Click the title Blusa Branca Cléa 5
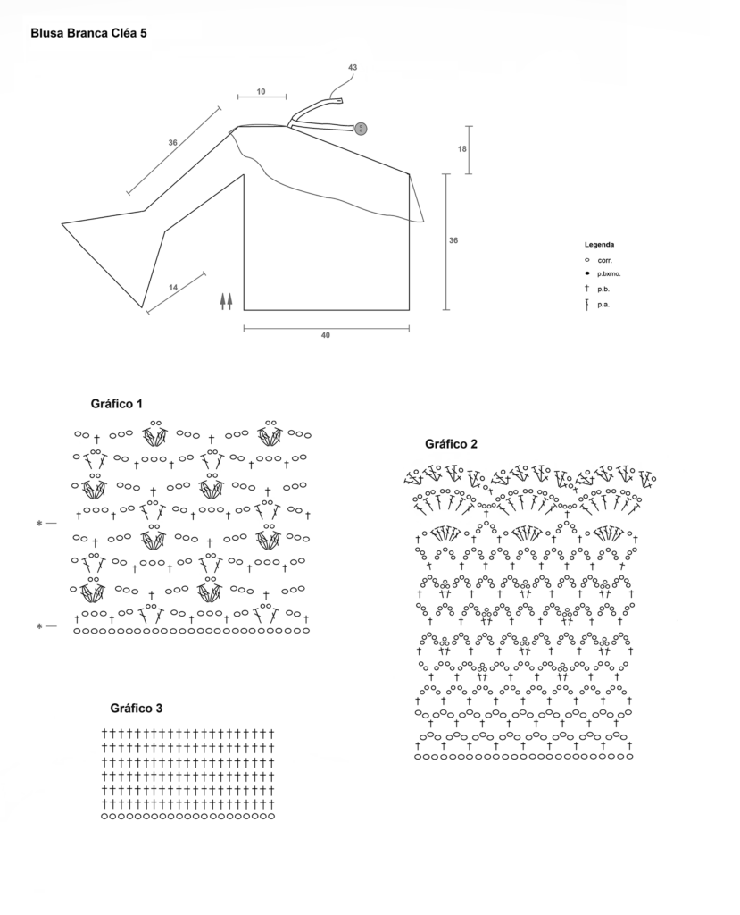(88, 34)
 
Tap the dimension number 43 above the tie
(353, 68)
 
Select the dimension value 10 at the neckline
(262, 91)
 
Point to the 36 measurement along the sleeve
(172, 143)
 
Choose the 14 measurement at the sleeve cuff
(173, 287)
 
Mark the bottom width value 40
(326, 335)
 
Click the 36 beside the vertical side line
(453, 241)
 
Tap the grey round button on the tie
(362, 129)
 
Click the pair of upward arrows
(226, 300)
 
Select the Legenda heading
(599, 244)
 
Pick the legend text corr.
(605, 259)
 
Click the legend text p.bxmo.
(609, 273)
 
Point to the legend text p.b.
(604, 290)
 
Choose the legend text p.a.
(604, 305)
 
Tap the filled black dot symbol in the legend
(586, 273)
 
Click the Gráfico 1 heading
(117, 404)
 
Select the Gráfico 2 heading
(451, 443)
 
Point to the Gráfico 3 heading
(136, 708)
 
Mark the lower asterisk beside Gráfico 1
(39, 627)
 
